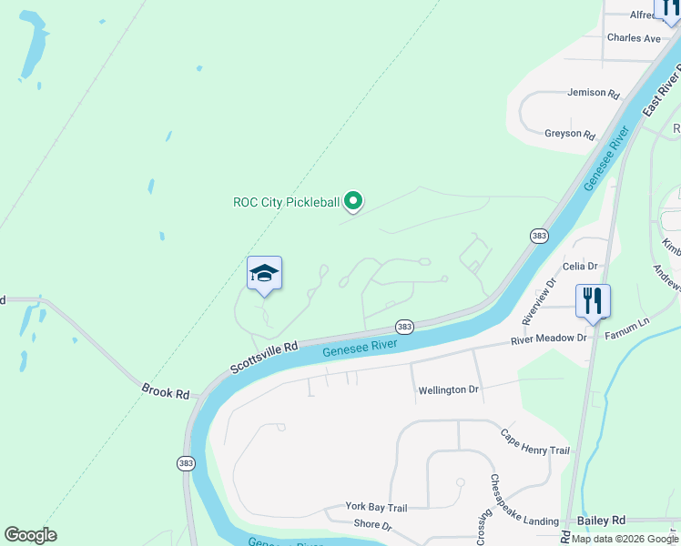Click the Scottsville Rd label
click(264, 358)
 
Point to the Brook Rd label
click(166, 392)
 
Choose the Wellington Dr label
click(448, 390)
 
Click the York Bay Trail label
click(375, 507)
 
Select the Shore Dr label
click(372, 526)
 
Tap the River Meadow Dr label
click(549, 339)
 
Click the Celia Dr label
click(580, 266)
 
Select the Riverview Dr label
click(537, 305)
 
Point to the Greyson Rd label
click(570, 134)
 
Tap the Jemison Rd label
click(593, 93)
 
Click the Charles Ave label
click(634, 38)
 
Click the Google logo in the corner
click(30, 535)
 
